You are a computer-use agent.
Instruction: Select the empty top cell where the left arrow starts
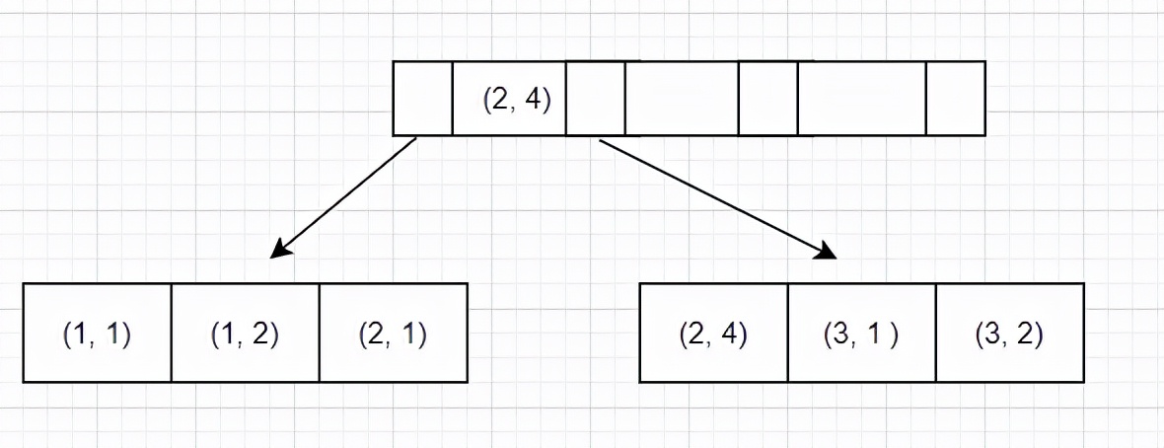click(422, 99)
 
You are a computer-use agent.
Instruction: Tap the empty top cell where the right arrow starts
click(596, 99)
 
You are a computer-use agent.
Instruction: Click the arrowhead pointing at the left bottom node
click(280, 248)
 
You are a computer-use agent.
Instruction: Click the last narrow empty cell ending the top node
click(956, 99)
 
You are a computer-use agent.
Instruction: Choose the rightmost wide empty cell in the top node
click(862, 99)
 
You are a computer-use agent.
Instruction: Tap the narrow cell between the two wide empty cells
click(768, 99)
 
